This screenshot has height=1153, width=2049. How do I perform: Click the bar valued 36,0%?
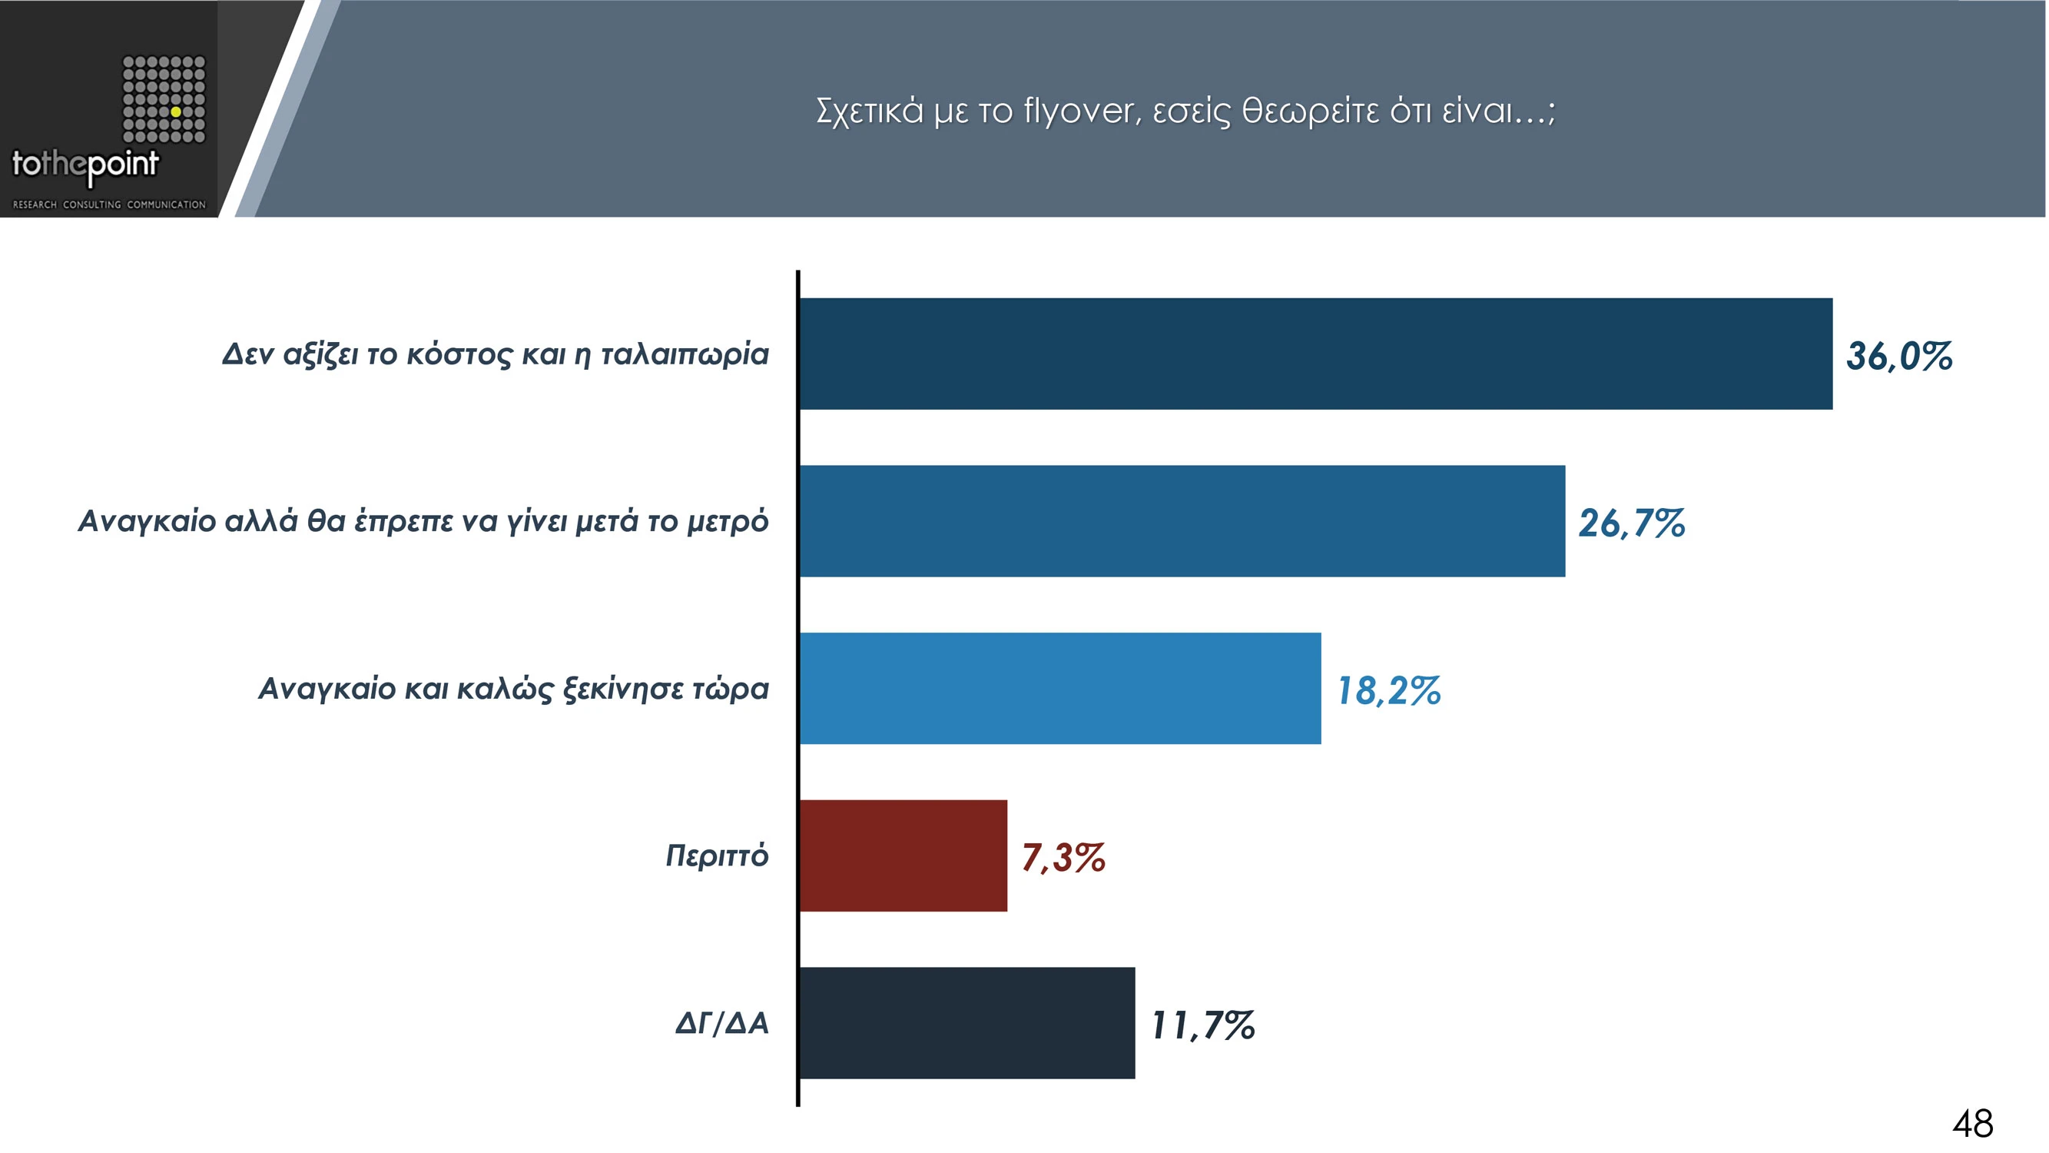tap(1315, 354)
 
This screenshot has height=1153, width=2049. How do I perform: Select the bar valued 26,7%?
tap(1182, 521)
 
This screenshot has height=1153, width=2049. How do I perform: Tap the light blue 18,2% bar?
tap(1060, 688)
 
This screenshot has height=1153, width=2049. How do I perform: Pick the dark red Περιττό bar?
tap(903, 856)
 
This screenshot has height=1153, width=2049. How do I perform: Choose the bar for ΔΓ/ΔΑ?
tap(967, 1022)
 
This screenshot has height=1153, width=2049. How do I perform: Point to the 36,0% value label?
tap(1898, 356)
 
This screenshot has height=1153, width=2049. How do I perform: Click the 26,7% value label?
tap(1631, 523)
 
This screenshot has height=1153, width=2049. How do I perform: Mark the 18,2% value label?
tap(1389, 690)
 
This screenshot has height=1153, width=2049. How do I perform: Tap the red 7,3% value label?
tap(1063, 857)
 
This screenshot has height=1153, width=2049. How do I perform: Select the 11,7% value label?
tap(1203, 1025)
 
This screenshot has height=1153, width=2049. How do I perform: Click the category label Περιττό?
tap(717, 856)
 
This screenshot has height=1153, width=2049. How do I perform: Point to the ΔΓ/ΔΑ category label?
tap(721, 1022)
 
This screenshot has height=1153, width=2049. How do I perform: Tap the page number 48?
tap(1973, 1124)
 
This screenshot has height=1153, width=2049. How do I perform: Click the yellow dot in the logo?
tap(176, 112)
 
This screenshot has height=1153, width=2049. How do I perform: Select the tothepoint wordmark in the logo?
tap(85, 164)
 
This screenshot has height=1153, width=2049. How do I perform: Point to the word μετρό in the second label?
tap(728, 522)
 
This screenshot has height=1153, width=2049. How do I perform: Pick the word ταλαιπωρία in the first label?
tap(684, 354)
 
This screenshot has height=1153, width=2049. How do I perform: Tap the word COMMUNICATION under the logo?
tap(166, 204)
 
